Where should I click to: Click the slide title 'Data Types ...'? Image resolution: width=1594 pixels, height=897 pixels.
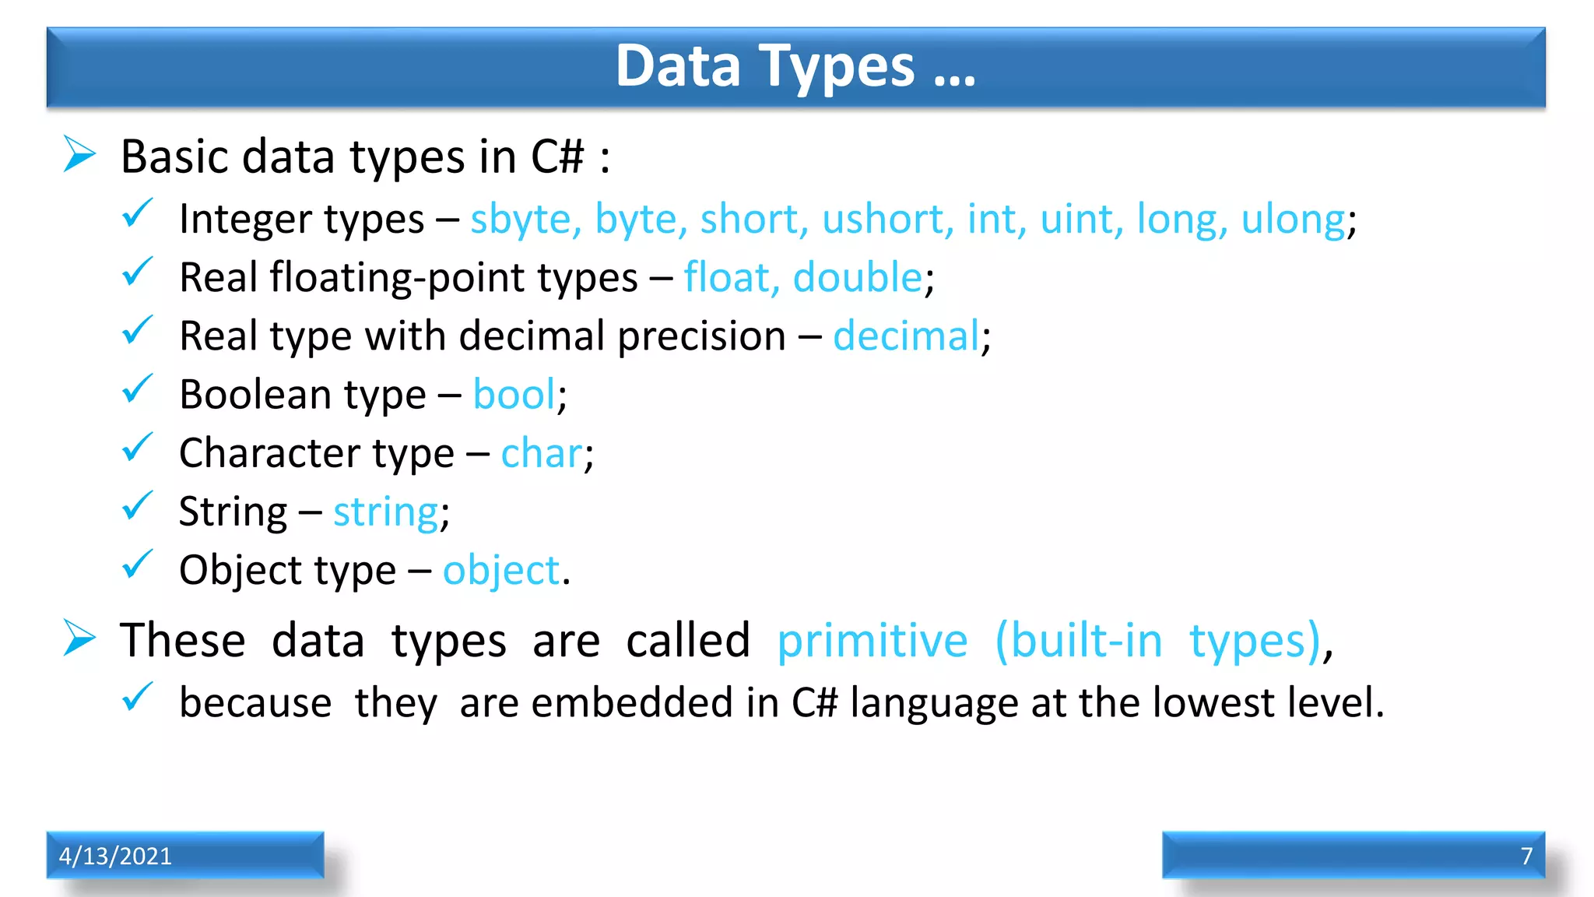pos(795,67)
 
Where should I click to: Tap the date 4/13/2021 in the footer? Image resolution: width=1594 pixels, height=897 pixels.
pos(115,856)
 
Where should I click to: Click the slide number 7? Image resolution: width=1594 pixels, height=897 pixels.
pos(1526,856)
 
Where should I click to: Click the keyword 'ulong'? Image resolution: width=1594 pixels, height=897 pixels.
pos(1293,220)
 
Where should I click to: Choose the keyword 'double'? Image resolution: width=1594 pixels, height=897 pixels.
pos(857,278)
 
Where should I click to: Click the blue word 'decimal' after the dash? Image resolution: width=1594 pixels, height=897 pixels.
pos(905,337)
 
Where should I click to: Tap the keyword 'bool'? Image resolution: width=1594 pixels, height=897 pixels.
pos(514,395)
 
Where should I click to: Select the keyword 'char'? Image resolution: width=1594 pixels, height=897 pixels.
pos(541,454)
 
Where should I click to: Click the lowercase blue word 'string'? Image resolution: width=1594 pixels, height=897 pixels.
pos(386,513)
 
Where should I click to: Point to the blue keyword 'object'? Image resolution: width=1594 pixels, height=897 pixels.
pos(501,571)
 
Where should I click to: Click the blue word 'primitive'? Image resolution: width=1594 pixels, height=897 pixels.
pos(872,642)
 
